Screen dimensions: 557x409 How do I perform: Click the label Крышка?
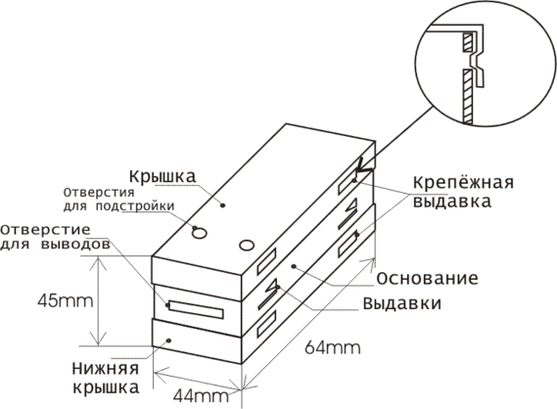[x=162, y=176]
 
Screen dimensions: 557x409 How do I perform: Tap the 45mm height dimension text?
[x=66, y=301]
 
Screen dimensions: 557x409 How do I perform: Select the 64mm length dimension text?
[x=333, y=347]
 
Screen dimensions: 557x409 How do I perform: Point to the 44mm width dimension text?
[x=201, y=396]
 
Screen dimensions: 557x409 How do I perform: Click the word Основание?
[x=427, y=279]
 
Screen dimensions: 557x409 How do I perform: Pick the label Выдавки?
[x=401, y=304]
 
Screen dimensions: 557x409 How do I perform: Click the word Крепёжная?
[x=464, y=183]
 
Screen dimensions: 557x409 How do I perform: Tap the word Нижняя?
[x=105, y=369]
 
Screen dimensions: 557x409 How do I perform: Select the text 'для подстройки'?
[x=119, y=205]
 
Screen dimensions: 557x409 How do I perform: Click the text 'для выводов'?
[x=55, y=245]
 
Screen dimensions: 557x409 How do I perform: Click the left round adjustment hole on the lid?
[x=200, y=233]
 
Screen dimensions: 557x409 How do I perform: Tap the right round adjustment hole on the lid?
[x=247, y=246]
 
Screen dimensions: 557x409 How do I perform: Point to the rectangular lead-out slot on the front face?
[x=196, y=310]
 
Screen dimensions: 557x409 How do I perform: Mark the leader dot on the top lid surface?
[x=223, y=204]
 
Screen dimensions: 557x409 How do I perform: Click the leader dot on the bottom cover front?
[x=168, y=341]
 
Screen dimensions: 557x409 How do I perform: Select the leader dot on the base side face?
[x=294, y=266]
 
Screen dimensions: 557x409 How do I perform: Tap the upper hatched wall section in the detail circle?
[x=468, y=43]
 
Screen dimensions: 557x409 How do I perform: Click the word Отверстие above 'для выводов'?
[x=45, y=230]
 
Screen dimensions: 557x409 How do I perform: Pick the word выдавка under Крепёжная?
[x=452, y=202]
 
